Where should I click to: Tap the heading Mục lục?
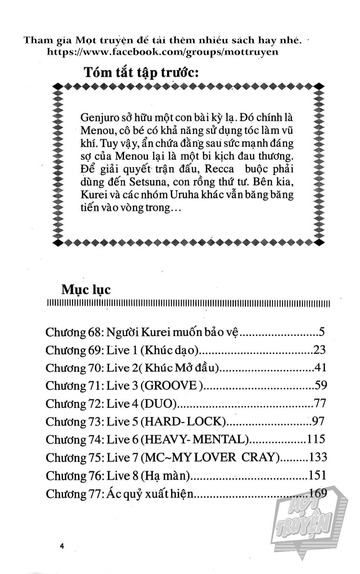(86, 289)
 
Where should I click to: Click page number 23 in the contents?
(320, 350)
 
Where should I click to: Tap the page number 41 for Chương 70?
(320, 367)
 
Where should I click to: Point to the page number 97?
(318, 421)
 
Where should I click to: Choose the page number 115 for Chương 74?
(316, 439)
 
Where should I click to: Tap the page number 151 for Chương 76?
(317, 475)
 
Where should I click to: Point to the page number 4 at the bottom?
(62, 546)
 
